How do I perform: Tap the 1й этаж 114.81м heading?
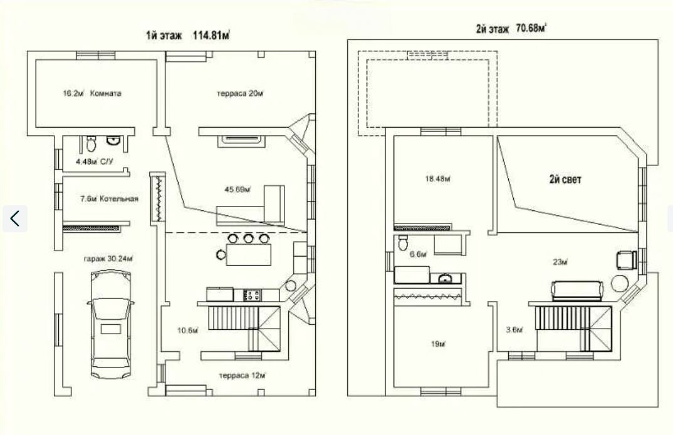click(188, 35)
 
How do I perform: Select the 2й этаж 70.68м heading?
click(511, 29)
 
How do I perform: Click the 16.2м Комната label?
click(92, 93)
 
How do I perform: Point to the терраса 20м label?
click(240, 93)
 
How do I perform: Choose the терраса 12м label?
click(243, 376)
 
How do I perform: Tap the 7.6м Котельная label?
click(109, 199)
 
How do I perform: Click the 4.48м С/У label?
click(95, 161)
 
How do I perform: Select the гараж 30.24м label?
click(108, 259)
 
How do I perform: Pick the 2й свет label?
click(565, 179)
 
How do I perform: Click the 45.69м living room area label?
click(237, 189)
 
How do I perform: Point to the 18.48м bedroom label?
click(438, 179)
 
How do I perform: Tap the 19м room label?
click(437, 344)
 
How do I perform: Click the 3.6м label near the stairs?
click(514, 330)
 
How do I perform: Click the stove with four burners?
click(252, 295)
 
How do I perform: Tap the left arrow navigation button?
click(15, 218)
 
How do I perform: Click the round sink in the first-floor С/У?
click(113, 141)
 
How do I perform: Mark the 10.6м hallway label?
click(187, 330)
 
